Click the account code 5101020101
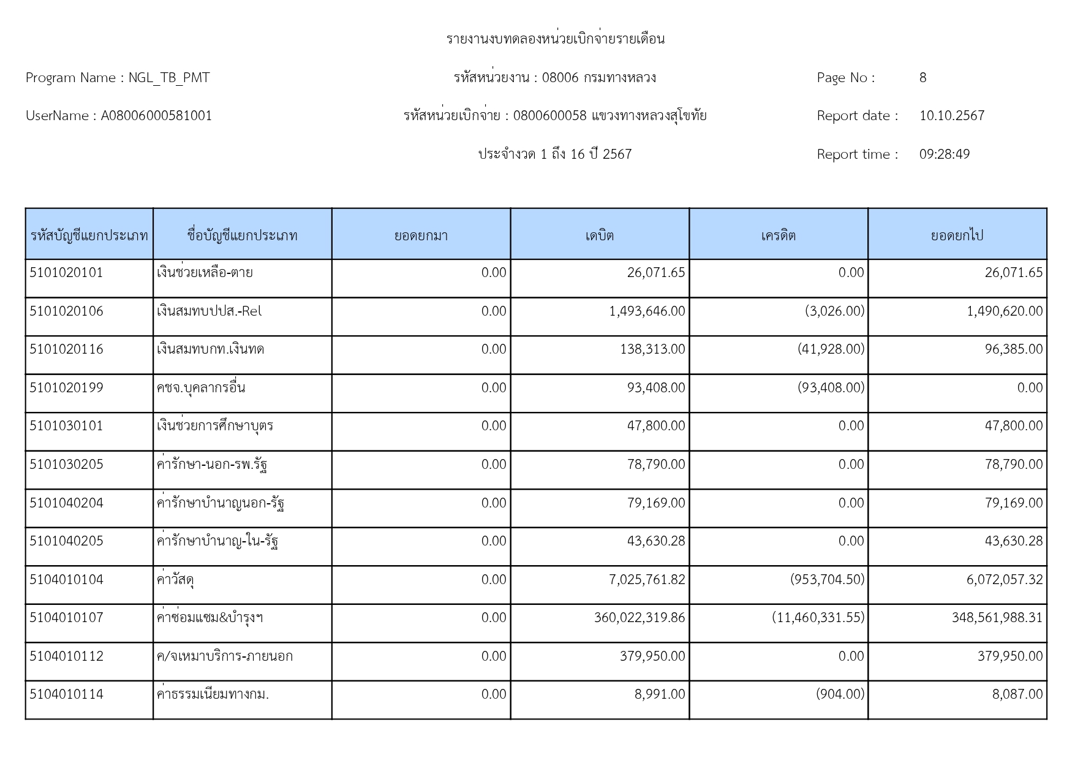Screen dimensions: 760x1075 pos(66,273)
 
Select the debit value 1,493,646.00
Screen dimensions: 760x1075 pos(647,311)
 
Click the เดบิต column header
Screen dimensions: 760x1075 pos(599,235)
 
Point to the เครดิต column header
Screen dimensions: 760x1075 pos(778,235)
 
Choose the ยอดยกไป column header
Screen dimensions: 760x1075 pos(957,235)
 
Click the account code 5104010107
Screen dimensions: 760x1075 pos(66,618)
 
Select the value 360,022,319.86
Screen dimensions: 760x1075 pos(639,618)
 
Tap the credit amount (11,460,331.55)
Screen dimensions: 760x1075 pos(818,618)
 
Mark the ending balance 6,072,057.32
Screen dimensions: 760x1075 pos(1004,580)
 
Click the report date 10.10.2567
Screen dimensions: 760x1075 pos(951,116)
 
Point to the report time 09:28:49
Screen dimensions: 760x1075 pos(944,154)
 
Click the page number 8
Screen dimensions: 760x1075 pos(922,78)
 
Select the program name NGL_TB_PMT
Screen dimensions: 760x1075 pos(168,78)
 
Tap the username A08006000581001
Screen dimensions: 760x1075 pos(156,116)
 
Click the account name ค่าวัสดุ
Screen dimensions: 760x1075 pos(176,580)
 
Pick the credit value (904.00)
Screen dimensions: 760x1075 pos(840,694)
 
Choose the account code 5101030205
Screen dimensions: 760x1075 pos(66,465)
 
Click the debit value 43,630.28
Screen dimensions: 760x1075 pos(655,541)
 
